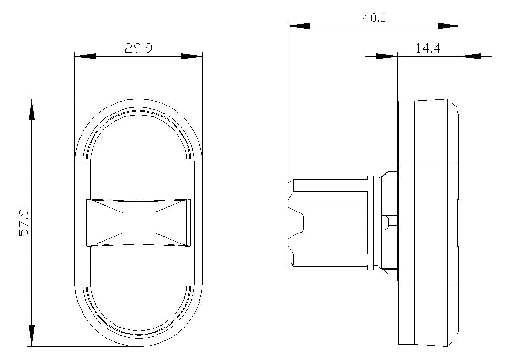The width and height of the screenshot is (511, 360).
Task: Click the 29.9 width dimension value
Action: tap(138, 48)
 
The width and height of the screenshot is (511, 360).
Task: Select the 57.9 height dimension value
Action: tap(24, 222)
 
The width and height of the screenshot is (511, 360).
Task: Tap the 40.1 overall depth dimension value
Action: tap(374, 18)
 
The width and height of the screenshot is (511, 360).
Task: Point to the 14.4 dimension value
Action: tap(428, 49)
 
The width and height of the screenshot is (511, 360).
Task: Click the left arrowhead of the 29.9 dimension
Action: tap(86, 56)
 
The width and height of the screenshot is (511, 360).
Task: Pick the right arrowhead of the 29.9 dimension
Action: tap(192, 56)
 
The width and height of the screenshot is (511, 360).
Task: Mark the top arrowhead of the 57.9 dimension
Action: tap(31, 110)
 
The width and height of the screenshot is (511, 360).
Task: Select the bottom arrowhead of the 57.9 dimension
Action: tap(31, 335)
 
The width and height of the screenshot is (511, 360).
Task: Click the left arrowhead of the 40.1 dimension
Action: tap(299, 26)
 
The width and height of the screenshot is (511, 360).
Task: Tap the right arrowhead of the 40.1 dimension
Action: tap(448, 26)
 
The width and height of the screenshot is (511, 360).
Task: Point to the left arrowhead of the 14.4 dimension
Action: tap(387, 56)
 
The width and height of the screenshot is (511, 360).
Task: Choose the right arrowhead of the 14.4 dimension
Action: tap(470, 56)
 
